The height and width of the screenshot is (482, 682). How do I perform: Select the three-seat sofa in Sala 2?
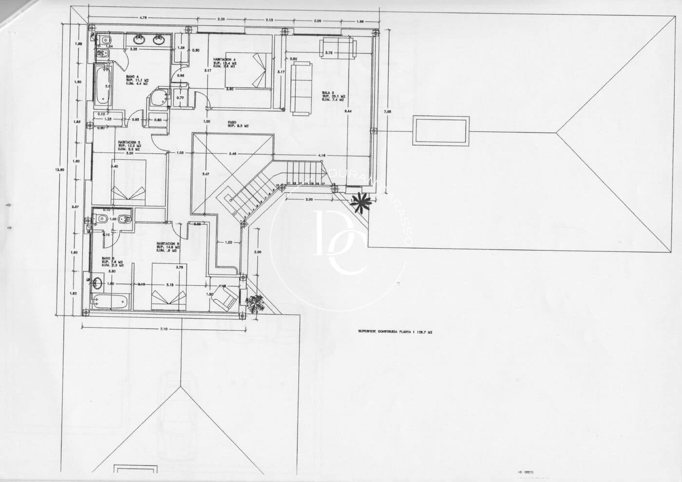[x=302, y=87]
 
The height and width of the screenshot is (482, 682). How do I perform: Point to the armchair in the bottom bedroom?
[x=227, y=297]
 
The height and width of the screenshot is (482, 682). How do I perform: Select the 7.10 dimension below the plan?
[x=164, y=330]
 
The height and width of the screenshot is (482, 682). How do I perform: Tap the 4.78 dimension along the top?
[x=143, y=18]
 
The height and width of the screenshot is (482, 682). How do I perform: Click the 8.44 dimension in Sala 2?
[x=348, y=111]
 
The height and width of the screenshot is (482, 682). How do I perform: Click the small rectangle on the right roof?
[x=441, y=130]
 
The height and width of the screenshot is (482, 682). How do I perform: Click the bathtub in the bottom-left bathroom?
[x=112, y=302]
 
